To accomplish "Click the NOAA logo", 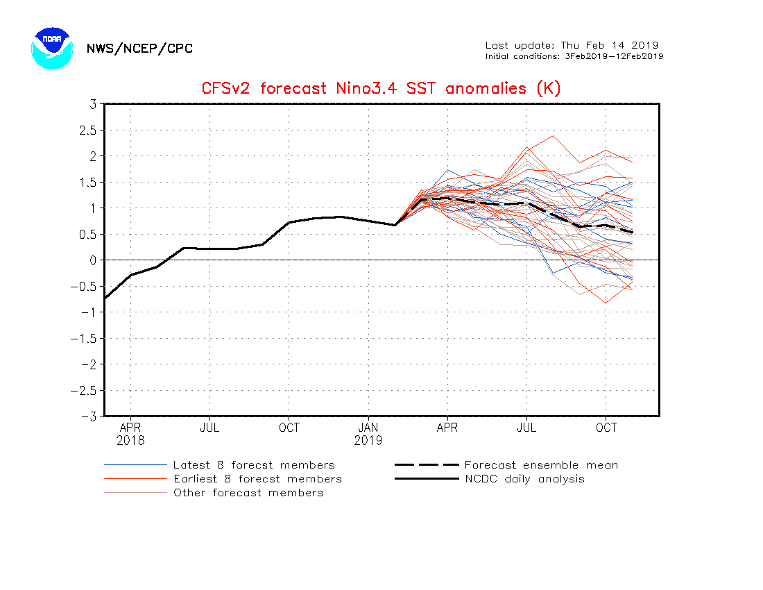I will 51,48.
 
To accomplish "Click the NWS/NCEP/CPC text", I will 139,49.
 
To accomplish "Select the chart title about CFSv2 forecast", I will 381,89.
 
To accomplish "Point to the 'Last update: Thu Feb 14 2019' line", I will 572,45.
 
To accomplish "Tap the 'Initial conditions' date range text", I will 574,56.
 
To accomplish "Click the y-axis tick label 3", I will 92,104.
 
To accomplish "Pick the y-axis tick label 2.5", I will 87,130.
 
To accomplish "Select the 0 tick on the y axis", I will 92,260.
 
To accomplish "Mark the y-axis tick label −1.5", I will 84,338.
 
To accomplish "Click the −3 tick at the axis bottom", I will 88,416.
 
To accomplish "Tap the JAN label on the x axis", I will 368,428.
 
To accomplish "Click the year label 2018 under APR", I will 130,440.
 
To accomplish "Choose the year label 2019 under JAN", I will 368,440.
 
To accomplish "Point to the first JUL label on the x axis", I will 209,428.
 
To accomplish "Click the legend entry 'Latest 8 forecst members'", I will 254,465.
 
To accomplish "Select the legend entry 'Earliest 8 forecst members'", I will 257,479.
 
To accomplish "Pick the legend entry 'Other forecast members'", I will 248,493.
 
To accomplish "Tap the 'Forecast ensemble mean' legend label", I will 541,465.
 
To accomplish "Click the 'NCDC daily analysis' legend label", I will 524,479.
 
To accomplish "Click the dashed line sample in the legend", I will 427,465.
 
